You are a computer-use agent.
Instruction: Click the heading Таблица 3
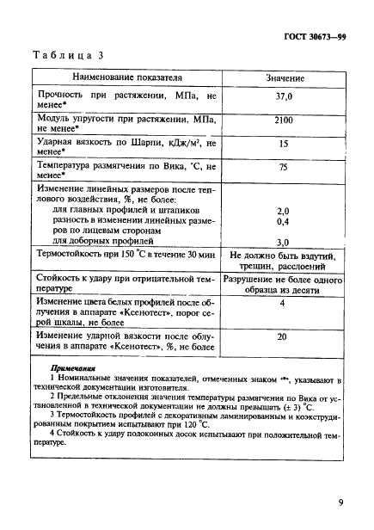coord(67,54)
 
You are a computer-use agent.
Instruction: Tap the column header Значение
coord(283,78)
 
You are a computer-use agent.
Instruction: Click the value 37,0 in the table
coord(283,98)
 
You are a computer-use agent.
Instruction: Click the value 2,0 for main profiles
coord(283,211)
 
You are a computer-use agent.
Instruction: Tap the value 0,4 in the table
coord(283,221)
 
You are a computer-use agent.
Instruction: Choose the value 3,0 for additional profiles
coord(283,243)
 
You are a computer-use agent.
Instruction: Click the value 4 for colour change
coord(283,303)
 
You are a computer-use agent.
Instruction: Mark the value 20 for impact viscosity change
coord(283,337)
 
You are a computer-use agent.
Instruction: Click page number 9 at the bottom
coord(340,502)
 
